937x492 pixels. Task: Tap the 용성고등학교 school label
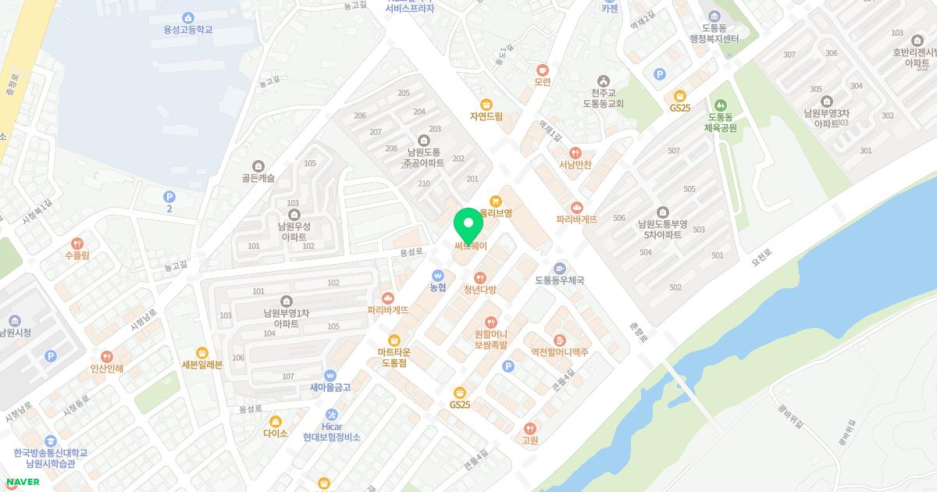[187, 30]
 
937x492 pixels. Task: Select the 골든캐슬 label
[258, 178]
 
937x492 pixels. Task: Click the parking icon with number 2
[169, 197]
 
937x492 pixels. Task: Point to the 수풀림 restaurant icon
[77, 243]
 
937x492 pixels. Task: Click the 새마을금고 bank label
[330, 387]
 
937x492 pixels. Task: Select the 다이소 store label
[276, 433]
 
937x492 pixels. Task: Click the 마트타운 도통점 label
[394, 358]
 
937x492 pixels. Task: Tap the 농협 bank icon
[438, 276]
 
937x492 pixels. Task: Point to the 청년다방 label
[479, 289]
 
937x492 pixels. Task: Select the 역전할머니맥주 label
[559, 352]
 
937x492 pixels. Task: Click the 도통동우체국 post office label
[560, 280]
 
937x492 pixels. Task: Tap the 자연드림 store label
[486, 116]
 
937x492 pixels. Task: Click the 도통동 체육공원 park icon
[720, 105]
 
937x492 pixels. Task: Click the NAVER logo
[23, 481]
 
